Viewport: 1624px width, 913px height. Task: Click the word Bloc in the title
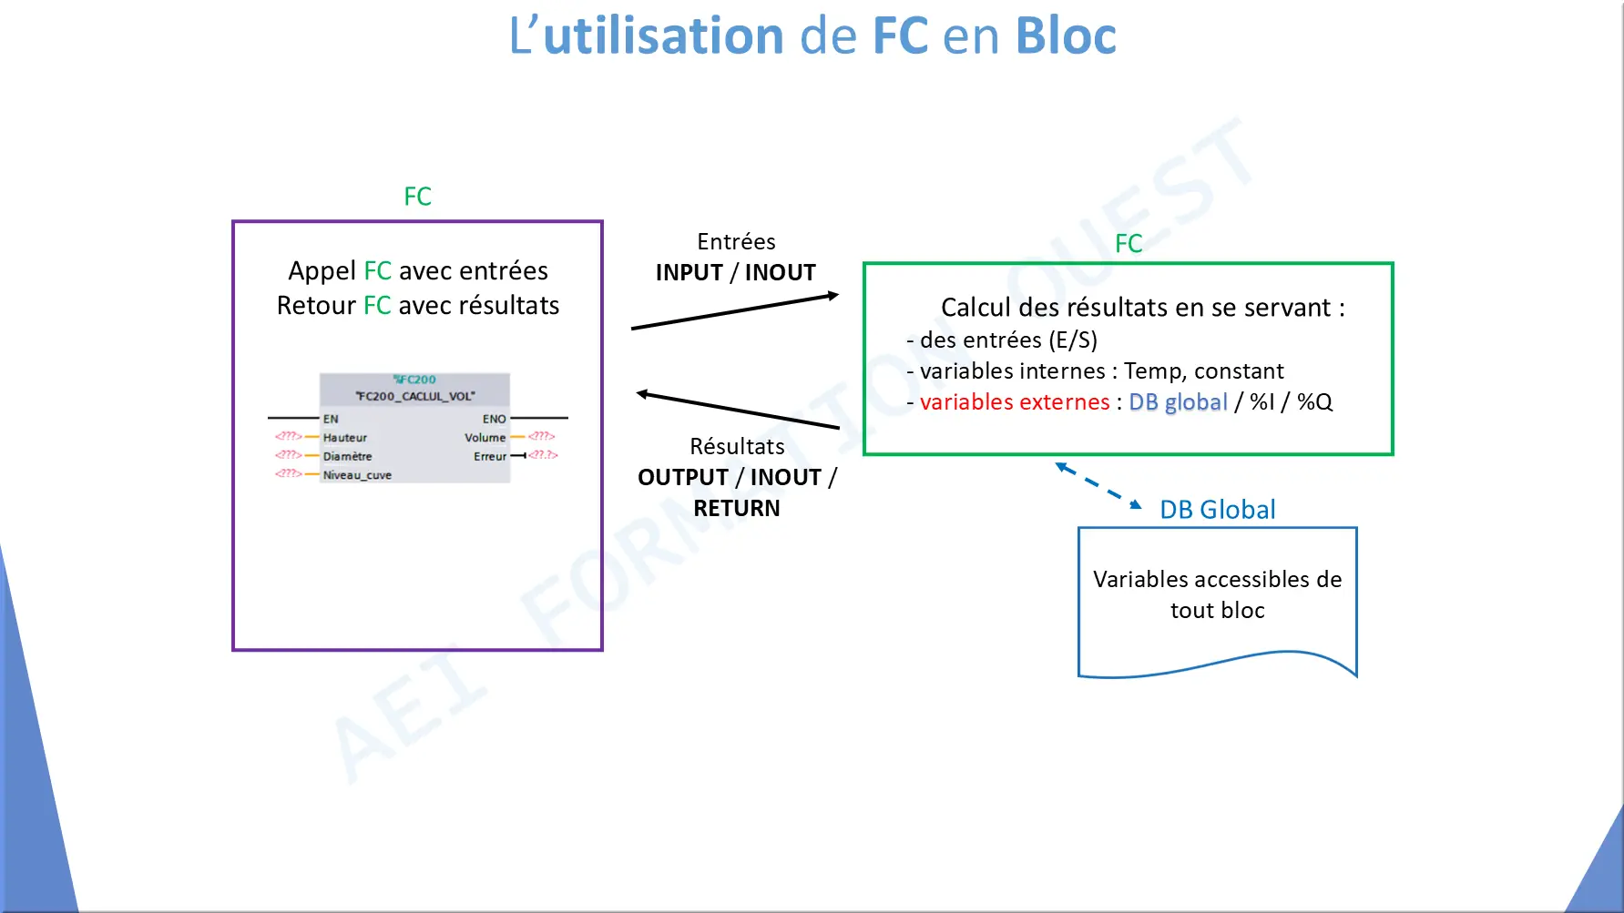pos(1066,36)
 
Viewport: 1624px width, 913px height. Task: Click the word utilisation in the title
pos(663,36)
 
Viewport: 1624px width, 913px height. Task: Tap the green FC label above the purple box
pos(418,197)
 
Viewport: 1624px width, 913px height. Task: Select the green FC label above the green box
pos(1129,244)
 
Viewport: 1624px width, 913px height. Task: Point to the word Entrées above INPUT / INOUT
pos(736,242)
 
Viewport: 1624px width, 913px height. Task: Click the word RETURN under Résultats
pos(737,508)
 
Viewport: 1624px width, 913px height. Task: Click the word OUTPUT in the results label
pos(683,477)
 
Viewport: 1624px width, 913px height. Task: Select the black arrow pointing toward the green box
pos(735,310)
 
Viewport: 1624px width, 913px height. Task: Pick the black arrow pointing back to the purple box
pos(738,411)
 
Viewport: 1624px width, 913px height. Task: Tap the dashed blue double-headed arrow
pos(1098,486)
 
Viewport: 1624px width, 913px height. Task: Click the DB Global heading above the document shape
pos(1218,510)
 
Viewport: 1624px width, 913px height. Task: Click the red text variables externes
pos(1015,402)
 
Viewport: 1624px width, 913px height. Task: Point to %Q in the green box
pos(1315,402)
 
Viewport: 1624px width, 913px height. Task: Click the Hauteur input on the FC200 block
pos(345,438)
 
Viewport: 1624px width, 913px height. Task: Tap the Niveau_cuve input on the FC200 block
pos(357,475)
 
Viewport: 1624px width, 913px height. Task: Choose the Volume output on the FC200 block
pos(485,438)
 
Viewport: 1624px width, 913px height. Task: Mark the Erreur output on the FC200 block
pos(490,456)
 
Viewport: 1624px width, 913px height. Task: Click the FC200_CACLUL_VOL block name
pos(415,396)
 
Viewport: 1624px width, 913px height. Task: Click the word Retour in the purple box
pos(316,306)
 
